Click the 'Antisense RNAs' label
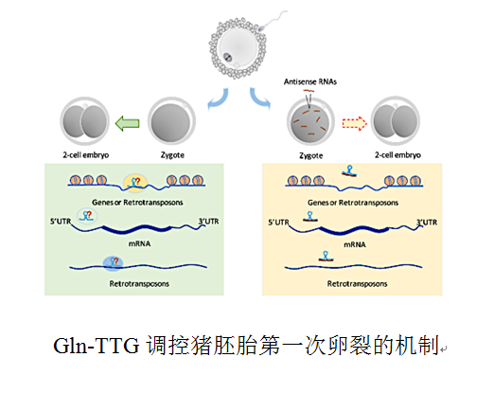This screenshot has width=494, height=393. click(x=311, y=82)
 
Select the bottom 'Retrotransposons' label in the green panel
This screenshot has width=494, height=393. click(x=142, y=283)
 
